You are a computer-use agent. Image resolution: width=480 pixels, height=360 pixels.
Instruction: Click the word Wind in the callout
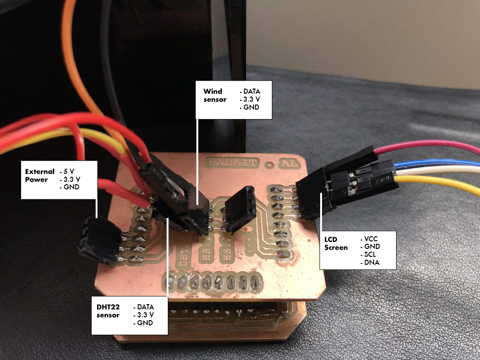pos(212,91)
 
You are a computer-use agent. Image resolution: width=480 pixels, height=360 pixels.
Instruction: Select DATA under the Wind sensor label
pos(251,91)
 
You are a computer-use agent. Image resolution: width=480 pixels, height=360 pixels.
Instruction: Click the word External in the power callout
pos(39,171)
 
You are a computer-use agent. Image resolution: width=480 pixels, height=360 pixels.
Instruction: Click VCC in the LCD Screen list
pos(370,239)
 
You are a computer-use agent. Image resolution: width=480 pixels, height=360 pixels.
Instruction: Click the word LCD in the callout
pos(331,239)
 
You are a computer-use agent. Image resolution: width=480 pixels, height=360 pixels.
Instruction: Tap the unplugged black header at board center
pos(240,209)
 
